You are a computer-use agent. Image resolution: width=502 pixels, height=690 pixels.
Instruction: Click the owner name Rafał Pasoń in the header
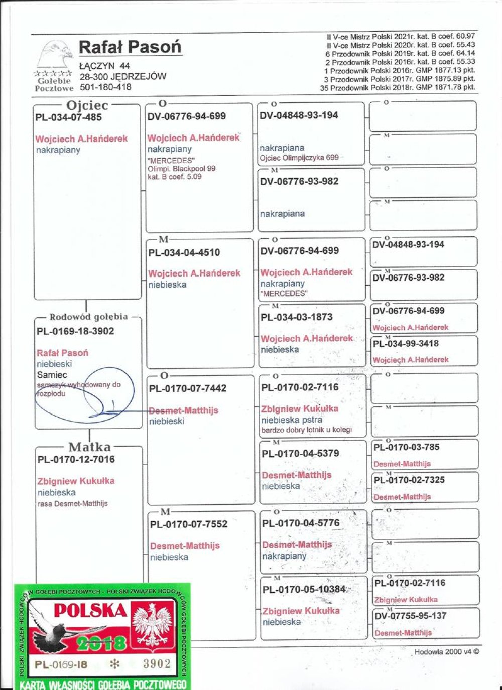point(130,47)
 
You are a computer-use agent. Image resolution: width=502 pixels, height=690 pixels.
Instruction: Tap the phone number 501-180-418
point(105,87)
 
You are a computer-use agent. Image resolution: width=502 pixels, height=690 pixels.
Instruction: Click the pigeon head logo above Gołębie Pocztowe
point(56,55)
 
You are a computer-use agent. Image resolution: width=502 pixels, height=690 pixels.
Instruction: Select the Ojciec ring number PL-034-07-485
point(68,117)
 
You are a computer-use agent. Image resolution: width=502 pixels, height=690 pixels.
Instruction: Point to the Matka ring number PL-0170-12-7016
point(76,459)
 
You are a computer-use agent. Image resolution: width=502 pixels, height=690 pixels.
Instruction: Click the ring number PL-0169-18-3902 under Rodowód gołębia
point(75,331)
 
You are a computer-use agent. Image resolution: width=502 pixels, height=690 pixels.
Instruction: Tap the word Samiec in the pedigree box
point(52,375)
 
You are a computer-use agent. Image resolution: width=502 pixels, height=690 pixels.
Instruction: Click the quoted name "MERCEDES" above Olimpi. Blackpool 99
point(171,161)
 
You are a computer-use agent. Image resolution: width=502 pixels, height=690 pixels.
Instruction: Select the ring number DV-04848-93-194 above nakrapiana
point(299,115)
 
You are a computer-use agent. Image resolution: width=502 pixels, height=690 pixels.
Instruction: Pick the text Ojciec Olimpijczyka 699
point(299,157)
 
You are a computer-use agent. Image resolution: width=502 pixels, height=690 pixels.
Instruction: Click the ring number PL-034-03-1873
point(296,317)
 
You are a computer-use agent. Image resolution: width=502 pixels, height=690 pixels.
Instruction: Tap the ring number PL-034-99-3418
point(406,344)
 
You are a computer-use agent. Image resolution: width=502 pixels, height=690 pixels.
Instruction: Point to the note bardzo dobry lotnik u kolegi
point(306,430)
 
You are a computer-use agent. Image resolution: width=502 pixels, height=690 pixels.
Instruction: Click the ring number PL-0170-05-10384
point(304,589)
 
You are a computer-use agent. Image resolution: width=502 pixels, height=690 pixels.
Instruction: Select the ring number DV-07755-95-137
point(411,616)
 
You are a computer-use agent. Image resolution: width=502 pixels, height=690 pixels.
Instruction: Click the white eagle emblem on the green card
point(152,625)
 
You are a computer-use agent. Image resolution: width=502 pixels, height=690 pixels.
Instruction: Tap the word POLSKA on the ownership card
point(90,610)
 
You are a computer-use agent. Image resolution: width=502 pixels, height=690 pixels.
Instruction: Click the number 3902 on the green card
point(157,664)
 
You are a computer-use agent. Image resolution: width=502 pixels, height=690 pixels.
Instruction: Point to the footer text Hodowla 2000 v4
point(446,652)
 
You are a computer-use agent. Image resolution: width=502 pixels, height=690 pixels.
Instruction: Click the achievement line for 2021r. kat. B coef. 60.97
point(401,36)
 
